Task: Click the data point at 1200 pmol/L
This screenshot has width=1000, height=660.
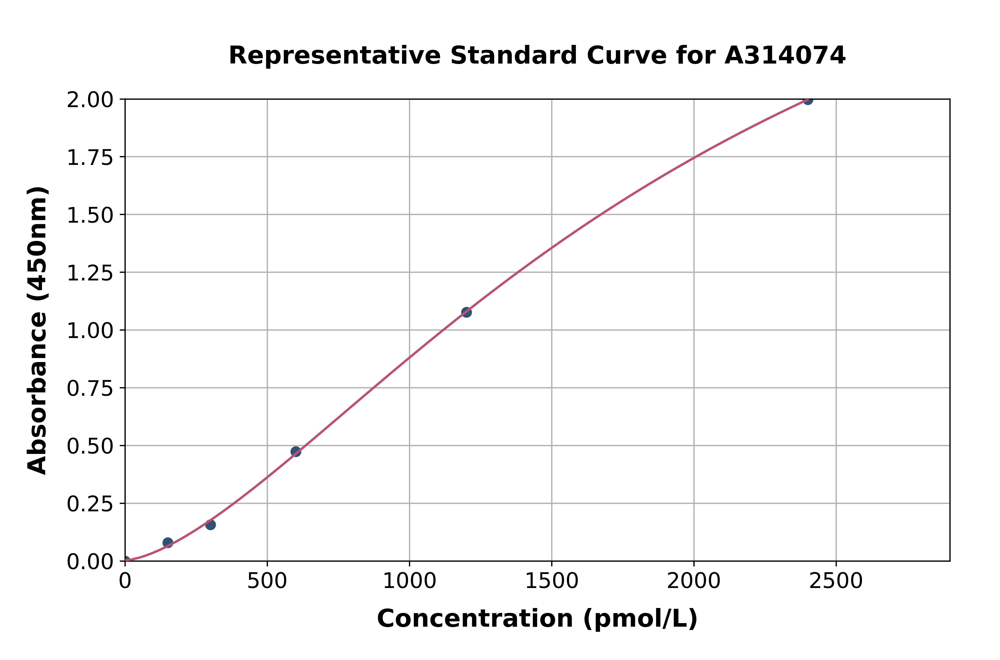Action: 466,312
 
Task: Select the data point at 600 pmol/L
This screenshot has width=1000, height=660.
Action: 296,452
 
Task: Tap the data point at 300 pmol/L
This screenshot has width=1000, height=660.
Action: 210,524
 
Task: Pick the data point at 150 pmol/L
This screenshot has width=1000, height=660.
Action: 168,543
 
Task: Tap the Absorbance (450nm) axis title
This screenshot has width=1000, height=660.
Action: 37,330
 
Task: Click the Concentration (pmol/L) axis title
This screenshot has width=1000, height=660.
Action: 537,619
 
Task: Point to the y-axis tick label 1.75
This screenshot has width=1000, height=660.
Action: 90,157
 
